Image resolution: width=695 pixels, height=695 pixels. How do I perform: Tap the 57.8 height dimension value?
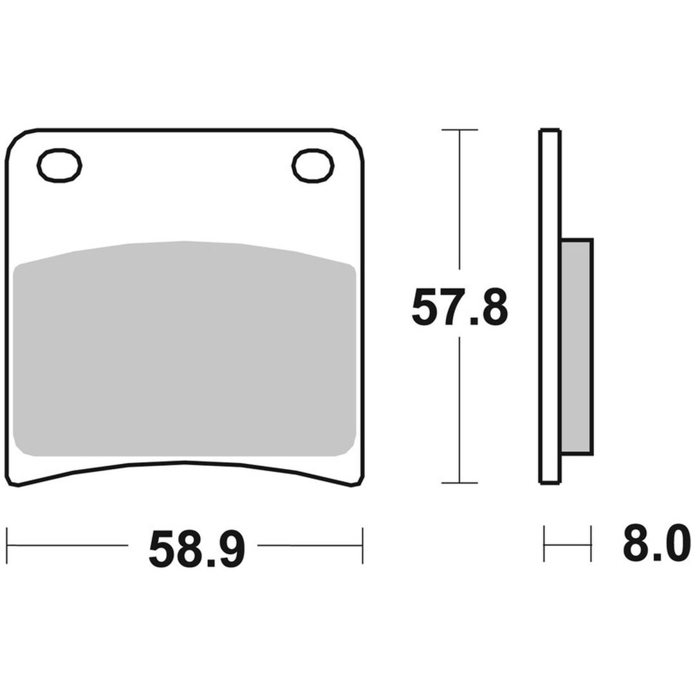pyautogui.click(x=459, y=306)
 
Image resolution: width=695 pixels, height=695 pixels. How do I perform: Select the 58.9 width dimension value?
pyautogui.click(x=196, y=549)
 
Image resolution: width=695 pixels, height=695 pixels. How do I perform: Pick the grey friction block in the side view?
pyautogui.click(x=577, y=347)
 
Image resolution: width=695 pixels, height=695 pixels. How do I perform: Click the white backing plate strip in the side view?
pyautogui.click(x=550, y=306)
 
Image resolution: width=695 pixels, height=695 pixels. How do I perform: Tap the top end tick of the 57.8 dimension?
pyautogui.click(x=459, y=129)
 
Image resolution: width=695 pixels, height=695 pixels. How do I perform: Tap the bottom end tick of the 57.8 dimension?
pyautogui.click(x=459, y=483)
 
